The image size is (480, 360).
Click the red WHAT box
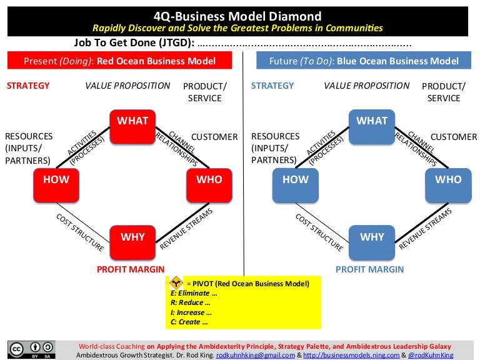(133, 122)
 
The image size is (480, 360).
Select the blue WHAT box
(372, 122)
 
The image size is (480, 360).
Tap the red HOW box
(56, 180)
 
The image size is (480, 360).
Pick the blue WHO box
(448, 180)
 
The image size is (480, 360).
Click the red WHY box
(132, 237)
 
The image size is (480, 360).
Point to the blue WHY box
(372, 237)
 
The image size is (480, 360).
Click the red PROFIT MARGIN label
(131, 269)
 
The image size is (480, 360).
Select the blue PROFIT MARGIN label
(370, 269)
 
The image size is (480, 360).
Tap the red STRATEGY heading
(28, 86)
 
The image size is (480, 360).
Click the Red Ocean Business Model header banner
(120, 61)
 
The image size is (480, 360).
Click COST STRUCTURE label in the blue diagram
(319, 232)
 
